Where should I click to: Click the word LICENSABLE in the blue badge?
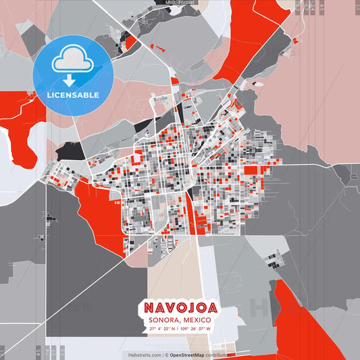(x=72, y=95)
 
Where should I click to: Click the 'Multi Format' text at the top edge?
(x=180, y=3)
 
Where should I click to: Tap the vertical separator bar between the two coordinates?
(x=180, y=329)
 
